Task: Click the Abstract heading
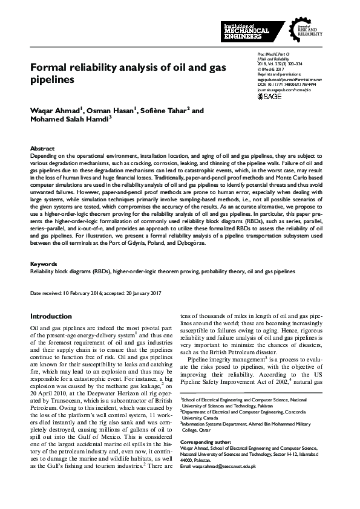[42, 148]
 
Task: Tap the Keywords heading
[44, 264]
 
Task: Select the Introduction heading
[51, 316]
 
